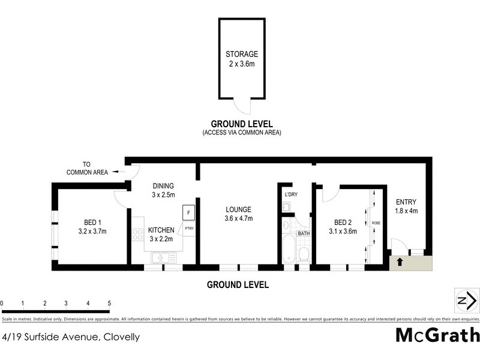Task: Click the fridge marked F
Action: tap(188, 213)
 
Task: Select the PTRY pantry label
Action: tap(188, 229)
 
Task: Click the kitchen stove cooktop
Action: tap(137, 234)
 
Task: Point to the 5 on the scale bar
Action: tap(109, 303)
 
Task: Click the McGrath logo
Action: tap(437, 335)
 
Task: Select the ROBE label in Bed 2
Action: tap(376, 223)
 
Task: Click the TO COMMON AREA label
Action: tap(88, 168)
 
